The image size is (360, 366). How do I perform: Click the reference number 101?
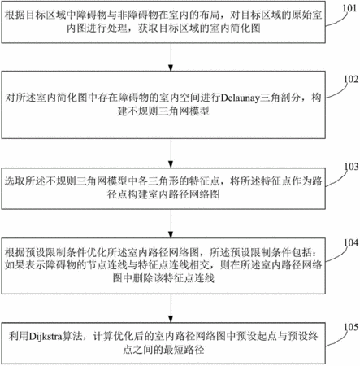pyautogui.click(x=349, y=8)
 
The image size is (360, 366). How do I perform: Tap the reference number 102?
pyautogui.click(x=351, y=79)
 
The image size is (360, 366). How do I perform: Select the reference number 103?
pyautogui.click(x=351, y=166)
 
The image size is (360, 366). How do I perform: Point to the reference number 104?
pyautogui.click(x=351, y=242)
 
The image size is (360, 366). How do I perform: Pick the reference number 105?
pyautogui.click(x=351, y=327)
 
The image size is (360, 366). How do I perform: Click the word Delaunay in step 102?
pyautogui.click(x=241, y=98)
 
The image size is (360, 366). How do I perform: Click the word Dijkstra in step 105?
pyautogui.click(x=46, y=337)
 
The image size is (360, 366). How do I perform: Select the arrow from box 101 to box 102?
pyautogui.click(x=171, y=57)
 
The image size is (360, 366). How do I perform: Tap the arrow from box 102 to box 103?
pyautogui.click(x=171, y=154)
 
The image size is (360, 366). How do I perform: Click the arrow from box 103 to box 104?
pyautogui.click(x=171, y=224)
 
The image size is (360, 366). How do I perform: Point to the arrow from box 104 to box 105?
pyautogui.click(x=171, y=308)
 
